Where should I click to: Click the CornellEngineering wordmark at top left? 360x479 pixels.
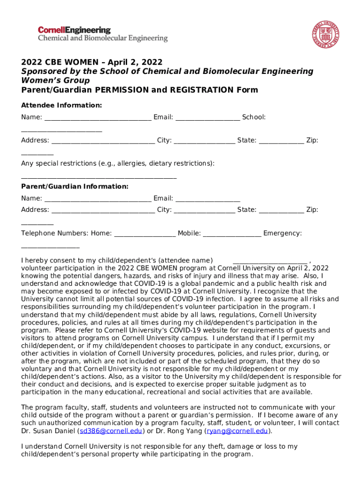tap(74, 30)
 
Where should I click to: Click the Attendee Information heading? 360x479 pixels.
tap(61, 105)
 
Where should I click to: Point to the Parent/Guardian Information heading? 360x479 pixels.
tap(74, 186)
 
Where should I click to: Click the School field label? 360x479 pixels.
tap(254, 117)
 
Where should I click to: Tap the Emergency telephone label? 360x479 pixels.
tap(282, 233)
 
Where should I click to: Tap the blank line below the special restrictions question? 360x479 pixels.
tap(99, 177)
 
